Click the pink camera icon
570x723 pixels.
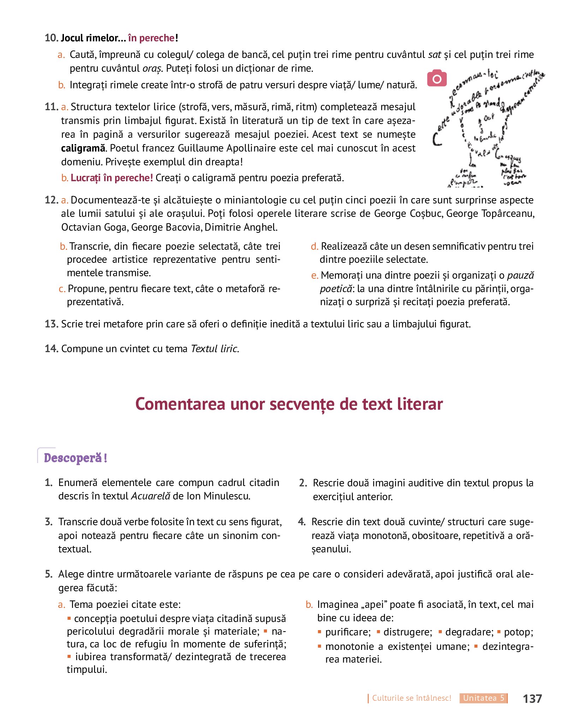437,78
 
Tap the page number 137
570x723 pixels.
532,698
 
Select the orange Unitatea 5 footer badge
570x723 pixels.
483,698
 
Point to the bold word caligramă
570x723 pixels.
83,148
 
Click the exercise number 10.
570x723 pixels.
51,38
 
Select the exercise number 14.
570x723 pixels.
51,349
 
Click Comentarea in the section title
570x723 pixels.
180,404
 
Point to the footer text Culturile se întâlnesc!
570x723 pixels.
411,698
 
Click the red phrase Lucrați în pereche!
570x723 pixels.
112,178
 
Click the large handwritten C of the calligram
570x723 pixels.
437,139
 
